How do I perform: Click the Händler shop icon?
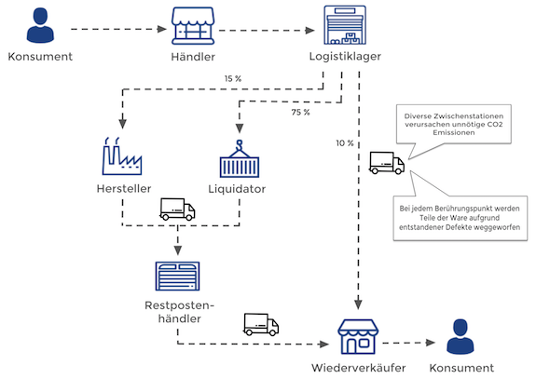click(x=193, y=26)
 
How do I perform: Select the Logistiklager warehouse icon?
click(x=345, y=25)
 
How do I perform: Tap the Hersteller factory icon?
click(x=122, y=156)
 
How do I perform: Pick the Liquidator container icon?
click(x=240, y=159)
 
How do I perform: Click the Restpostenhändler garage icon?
click(x=177, y=277)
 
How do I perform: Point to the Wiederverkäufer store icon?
click(x=358, y=337)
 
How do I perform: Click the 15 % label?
click(x=233, y=79)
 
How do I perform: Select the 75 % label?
click(x=300, y=113)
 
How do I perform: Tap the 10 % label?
click(x=345, y=143)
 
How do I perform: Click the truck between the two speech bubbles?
click(x=387, y=163)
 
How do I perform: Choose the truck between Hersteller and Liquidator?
click(x=177, y=210)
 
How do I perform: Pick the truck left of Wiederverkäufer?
click(x=261, y=325)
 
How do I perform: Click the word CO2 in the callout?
click(x=495, y=124)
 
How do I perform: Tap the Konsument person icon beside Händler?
click(x=40, y=26)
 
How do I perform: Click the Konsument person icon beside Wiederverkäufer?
click(x=460, y=337)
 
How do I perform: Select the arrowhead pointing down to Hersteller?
click(x=123, y=124)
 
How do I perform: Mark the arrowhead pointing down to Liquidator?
click(x=240, y=128)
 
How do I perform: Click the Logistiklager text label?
click(x=345, y=57)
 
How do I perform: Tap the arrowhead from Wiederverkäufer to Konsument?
click(x=431, y=343)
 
